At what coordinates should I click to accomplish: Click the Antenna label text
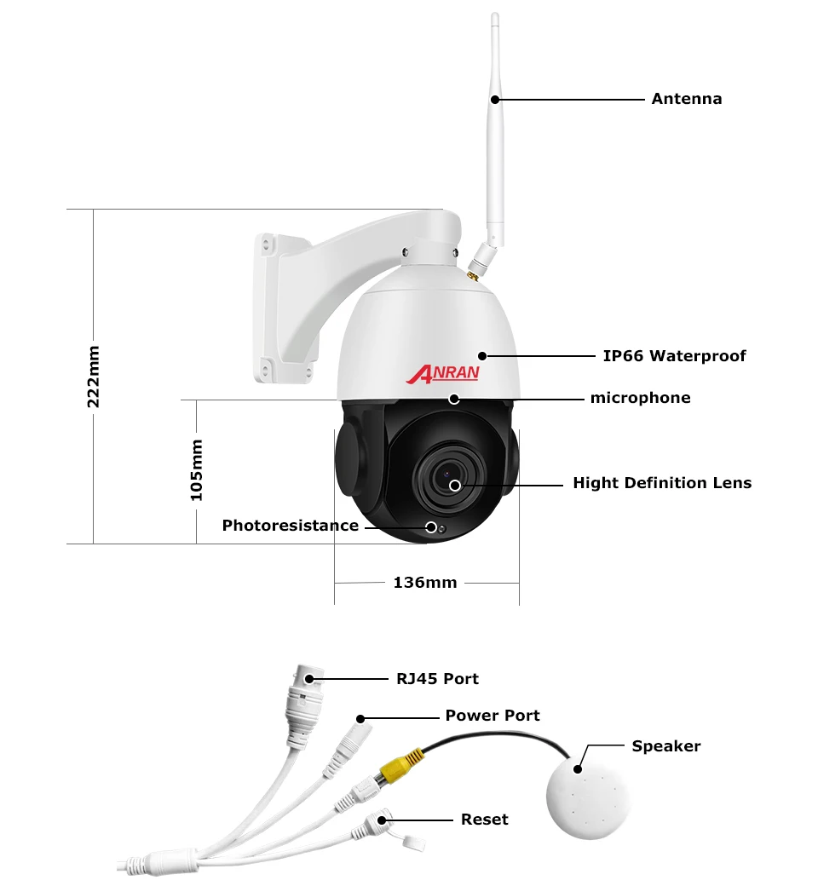pyautogui.click(x=686, y=99)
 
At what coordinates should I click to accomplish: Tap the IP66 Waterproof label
pyautogui.click(x=674, y=356)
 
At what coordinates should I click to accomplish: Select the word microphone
pyautogui.click(x=640, y=398)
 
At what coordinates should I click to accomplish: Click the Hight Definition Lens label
pyautogui.click(x=662, y=483)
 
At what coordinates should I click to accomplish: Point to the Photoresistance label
pyautogui.click(x=290, y=526)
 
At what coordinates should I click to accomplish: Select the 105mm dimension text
pyautogui.click(x=197, y=469)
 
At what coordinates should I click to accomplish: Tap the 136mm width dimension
pyautogui.click(x=424, y=583)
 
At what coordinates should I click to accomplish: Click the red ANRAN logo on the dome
pyautogui.click(x=443, y=373)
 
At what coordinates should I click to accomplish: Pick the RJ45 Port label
pyautogui.click(x=437, y=679)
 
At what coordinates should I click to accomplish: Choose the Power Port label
pyautogui.click(x=493, y=716)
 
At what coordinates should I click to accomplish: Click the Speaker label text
pyautogui.click(x=665, y=746)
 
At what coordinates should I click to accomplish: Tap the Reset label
pyautogui.click(x=484, y=820)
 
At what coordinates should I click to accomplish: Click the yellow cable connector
pyautogui.click(x=401, y=764)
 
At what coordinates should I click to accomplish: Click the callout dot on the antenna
pyautogui.click(x=494, y=100)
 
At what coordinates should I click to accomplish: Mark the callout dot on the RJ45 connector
pyautogui.click(x=308, y=679)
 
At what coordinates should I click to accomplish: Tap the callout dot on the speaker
pyautogui.click(x=579, y=768)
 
